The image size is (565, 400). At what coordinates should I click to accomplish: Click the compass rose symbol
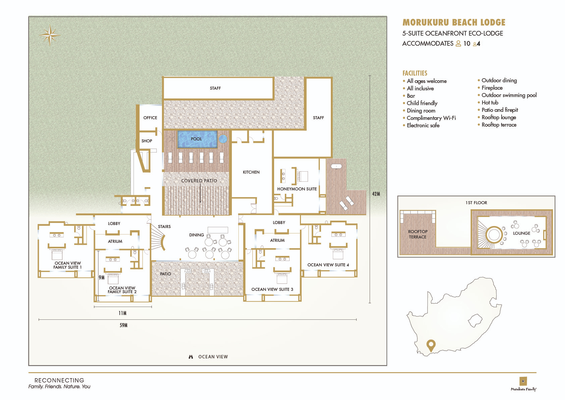[x=50, y=35]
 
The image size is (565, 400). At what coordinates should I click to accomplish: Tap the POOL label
[x=196, y=139]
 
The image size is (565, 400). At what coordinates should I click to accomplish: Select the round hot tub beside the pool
[x=223, y=139]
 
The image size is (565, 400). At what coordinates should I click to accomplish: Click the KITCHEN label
[x=251, y=172]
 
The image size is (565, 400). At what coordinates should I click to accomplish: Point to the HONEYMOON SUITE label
[x=297, y=189]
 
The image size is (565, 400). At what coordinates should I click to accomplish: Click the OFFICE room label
[x=150, y=118]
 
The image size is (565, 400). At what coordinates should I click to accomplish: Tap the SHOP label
[x=147, y=141]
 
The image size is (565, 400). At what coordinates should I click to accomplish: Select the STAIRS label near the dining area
[x=164, y=226]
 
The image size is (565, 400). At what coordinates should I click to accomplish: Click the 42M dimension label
[x=376, y=194]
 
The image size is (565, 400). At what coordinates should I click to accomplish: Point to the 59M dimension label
[x=123, y=325]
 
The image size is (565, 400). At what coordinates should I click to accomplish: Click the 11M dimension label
[x=122, y=313]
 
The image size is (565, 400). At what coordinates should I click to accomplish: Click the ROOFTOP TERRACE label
[x=418, y=234]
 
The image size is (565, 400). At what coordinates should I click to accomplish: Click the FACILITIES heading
[x=415, y=73]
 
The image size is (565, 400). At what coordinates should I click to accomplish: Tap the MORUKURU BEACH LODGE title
[x=454, y=23]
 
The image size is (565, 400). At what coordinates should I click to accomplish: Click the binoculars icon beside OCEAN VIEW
[x=191, y=357]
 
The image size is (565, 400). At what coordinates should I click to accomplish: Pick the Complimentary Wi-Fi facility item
[x=431, y=118]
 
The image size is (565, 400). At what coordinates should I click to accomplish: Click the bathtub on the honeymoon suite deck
[x=336, y=166]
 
